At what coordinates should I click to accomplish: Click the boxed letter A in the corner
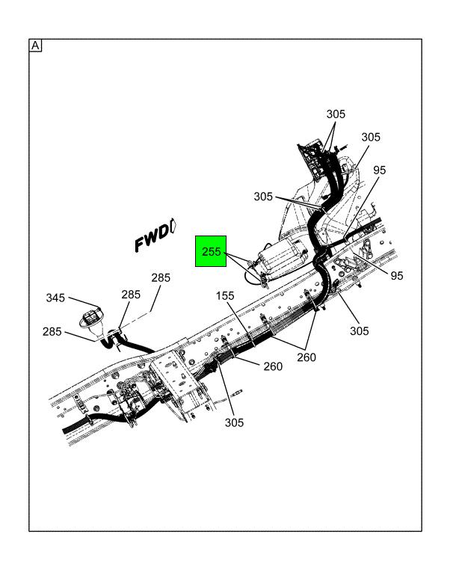point(35,46)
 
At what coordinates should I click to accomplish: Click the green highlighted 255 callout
point(211,251)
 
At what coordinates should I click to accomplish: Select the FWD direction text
point(152,238)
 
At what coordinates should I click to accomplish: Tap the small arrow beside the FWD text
point(173,226)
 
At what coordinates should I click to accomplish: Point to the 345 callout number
point(55,298)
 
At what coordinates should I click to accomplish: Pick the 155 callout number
point(225,296)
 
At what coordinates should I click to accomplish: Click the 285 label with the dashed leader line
point(161,277)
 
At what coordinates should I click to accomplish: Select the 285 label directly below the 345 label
point(52,331)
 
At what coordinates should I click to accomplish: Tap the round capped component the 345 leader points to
point(90,319)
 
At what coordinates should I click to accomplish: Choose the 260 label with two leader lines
point(306,357)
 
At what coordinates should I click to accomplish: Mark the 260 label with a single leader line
point(273,366)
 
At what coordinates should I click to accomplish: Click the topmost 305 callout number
point(336,114)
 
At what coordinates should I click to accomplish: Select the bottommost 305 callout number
point(234,422)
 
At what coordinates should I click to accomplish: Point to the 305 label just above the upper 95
point(371,137)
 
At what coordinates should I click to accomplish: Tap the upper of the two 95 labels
point(380,170)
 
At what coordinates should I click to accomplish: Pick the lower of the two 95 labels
point(397,276)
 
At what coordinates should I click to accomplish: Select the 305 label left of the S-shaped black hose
point(263,197)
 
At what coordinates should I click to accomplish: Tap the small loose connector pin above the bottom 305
point(237,393)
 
